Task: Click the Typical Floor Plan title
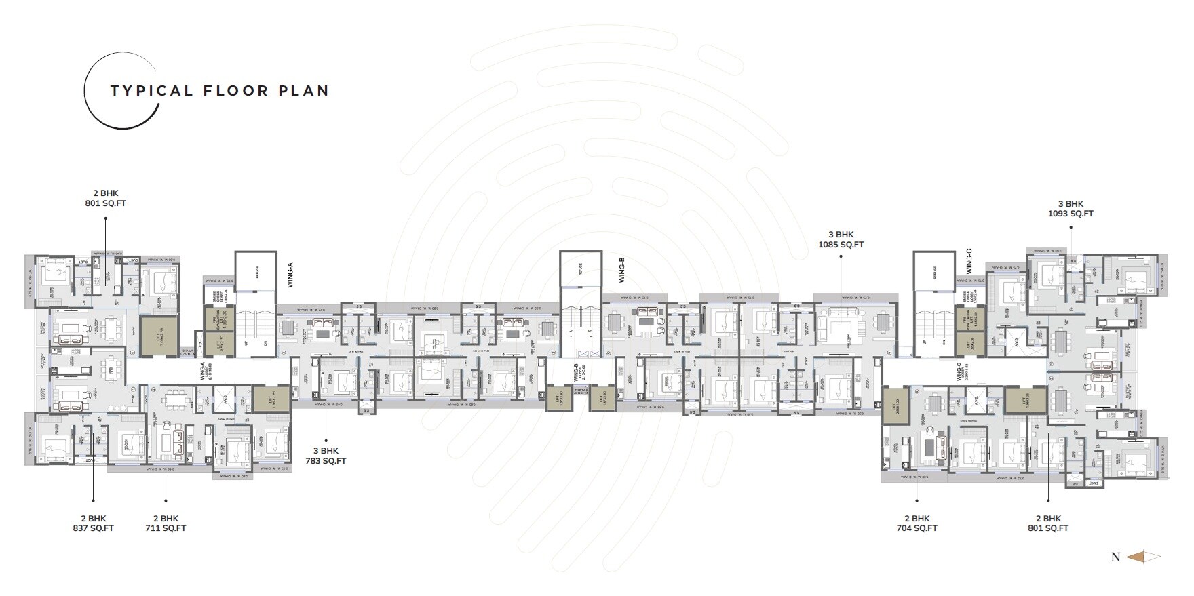[x=219, y=91]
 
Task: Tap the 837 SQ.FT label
[x=93, y=528]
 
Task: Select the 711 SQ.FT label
[x=166, y=528]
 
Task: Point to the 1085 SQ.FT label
[x=841, y=245]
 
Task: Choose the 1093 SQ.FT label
[x=1071, y=214]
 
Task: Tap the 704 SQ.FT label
[x=917, y=528]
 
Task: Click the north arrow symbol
[x=1143, y=557]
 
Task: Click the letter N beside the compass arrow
[x=1115, y=557]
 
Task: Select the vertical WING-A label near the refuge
[x=290, y=278]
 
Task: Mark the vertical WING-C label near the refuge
[x=969, y=262]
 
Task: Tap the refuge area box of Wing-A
[x=256, y=269]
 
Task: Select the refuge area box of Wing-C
[x=933, y=269]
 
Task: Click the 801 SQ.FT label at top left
[x=105, y=203]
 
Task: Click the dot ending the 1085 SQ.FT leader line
[x=841, y=256]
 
